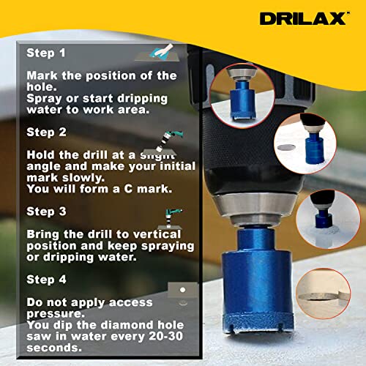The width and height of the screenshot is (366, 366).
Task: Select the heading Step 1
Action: coord(46,53)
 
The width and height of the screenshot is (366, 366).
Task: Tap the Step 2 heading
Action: coord(46,132)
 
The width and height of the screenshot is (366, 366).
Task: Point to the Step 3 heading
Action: coord(46,212)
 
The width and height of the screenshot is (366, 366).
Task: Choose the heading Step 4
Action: coord(46,279)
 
